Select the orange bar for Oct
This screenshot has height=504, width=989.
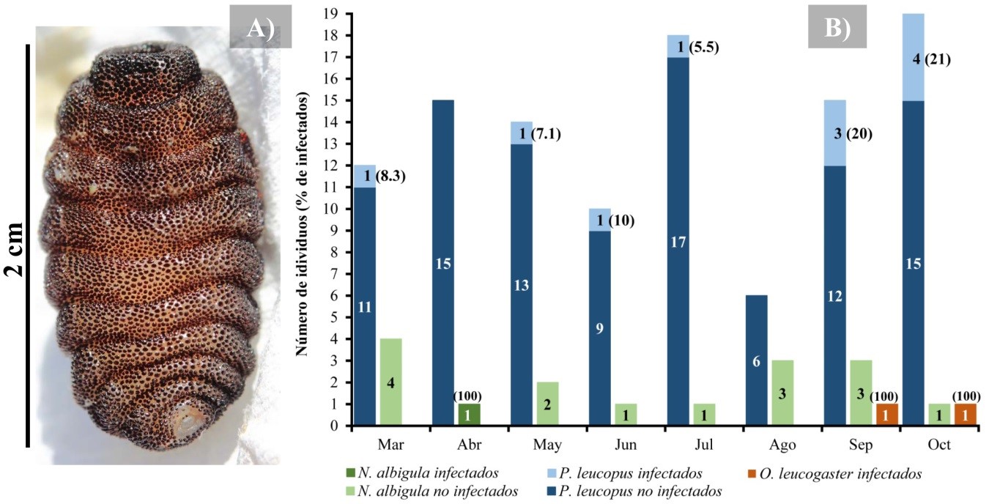tap(964, 414)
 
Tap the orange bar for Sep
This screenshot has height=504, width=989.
tap(886, 414)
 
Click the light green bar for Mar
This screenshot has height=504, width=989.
tap(390, 381)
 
